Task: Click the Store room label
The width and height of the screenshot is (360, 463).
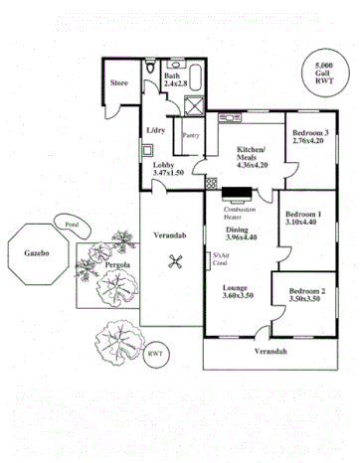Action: (121, 83)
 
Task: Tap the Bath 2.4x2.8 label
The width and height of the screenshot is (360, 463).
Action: (175, 81)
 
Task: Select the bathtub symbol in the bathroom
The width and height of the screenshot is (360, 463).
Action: (196, 74)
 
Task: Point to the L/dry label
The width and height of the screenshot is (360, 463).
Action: (156, 131)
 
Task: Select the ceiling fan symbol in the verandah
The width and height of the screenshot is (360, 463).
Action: (176, 262)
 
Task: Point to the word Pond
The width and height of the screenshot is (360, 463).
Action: (73, 225)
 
